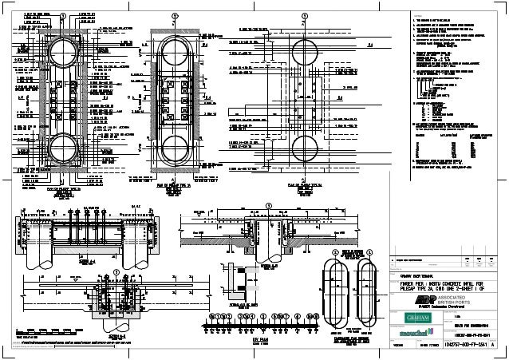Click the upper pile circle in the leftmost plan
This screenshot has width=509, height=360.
62,53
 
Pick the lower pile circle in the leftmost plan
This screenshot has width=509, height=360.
62,148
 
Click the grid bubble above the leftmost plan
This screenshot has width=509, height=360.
63,15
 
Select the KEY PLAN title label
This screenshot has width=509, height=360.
254,338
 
